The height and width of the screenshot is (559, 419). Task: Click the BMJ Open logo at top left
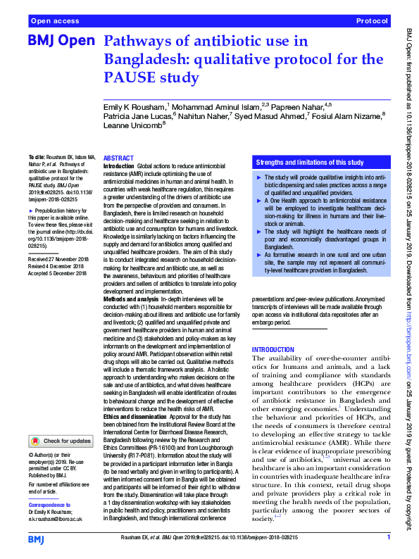coord(61,42)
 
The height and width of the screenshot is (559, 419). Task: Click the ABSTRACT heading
coord(118,158)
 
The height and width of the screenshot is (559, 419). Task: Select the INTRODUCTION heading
coord(273,350)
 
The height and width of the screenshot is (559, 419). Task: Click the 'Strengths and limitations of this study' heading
coord(310,162)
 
